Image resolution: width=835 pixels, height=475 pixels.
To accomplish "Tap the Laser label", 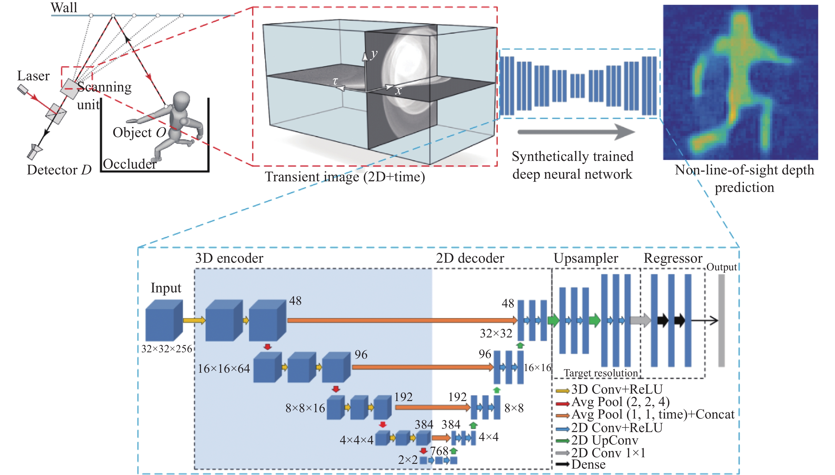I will click(33, 76).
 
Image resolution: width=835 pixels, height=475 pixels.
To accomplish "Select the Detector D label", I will click(59, 170).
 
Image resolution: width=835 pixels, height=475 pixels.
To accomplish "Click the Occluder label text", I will click(130, 164).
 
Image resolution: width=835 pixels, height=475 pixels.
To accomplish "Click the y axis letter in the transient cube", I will click(374, 54).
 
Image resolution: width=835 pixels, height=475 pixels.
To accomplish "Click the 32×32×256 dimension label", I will click(167, 349).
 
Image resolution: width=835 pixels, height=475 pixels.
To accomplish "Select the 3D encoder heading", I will click(229, 258).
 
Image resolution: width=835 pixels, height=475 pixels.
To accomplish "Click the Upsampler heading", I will click(586, 258).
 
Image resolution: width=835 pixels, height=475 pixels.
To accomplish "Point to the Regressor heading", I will click(673, 258).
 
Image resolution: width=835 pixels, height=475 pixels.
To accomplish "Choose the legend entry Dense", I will click(588, 464).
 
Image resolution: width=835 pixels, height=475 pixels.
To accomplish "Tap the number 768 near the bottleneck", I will click(439, 451).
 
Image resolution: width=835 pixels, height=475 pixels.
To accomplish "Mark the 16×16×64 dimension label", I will click(224, 369).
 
